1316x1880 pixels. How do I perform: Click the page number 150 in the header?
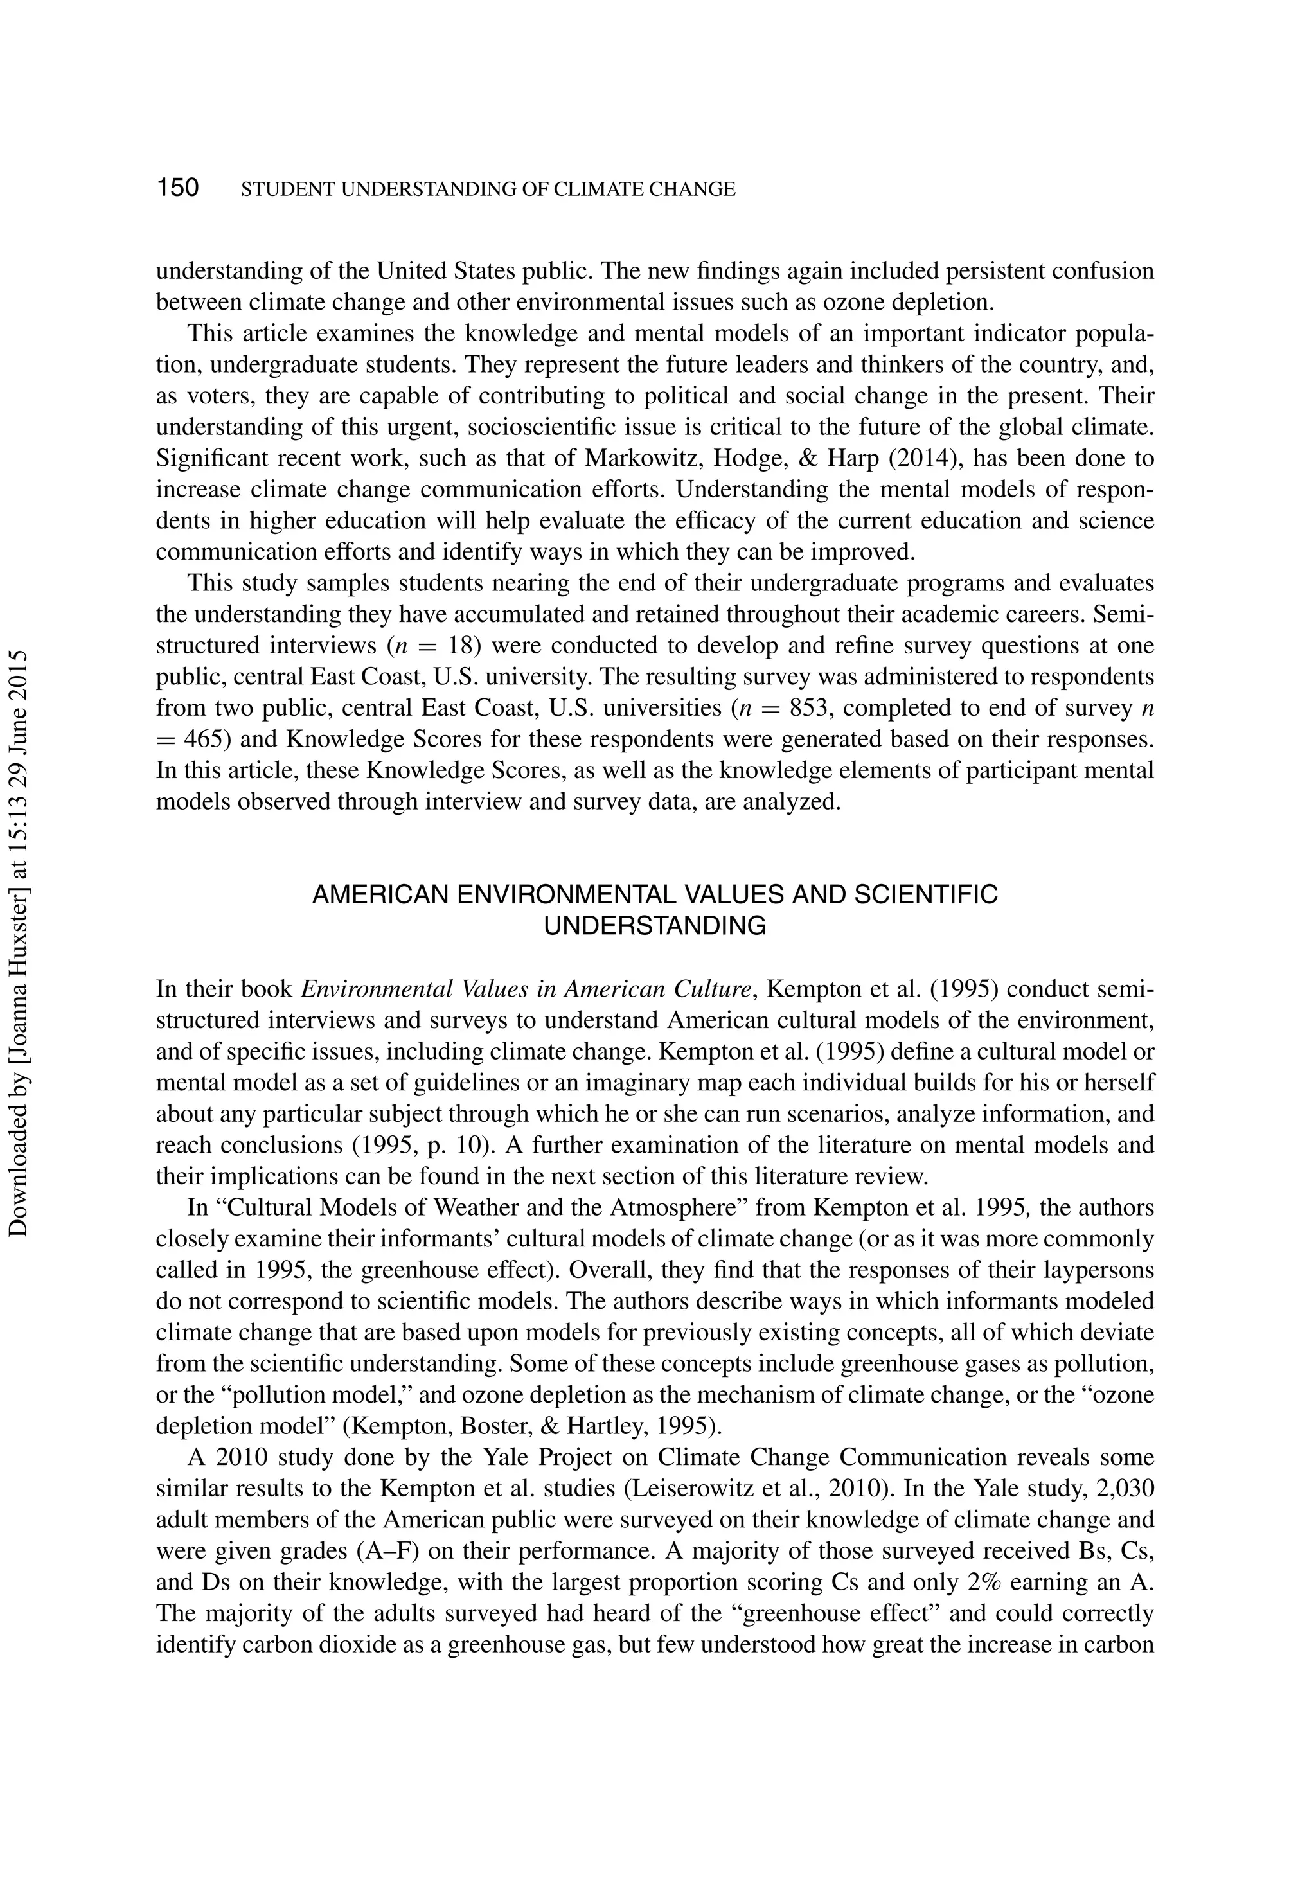(x=178, y=188)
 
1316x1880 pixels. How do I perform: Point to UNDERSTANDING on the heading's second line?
(x=655, y=926)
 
